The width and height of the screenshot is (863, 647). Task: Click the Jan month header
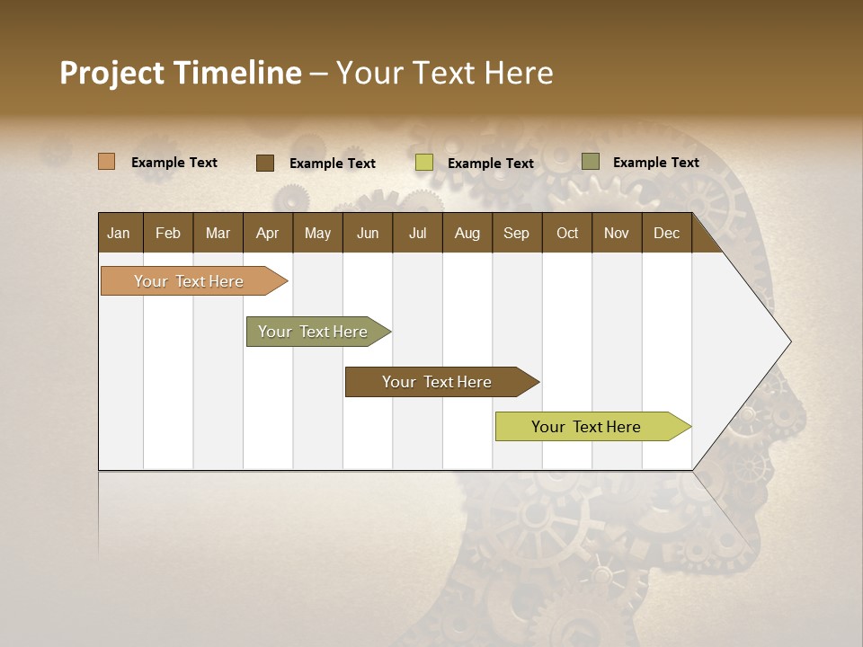(x=119, y=233)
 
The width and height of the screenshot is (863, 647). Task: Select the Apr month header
(x=267, y=233)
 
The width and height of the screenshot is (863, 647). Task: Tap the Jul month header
(x=417, y=233)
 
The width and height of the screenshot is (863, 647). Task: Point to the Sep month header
(x=516, y=233)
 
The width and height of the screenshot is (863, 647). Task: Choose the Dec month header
(x=666, y=233)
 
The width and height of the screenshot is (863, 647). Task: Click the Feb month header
(x=168, y=233)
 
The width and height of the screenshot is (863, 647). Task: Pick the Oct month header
(x=567, y=233)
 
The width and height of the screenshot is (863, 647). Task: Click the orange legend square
(x=106, y=162)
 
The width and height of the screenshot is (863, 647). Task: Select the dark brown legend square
(x=264, y=163)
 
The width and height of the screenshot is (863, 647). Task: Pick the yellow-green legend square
(x=424, y=163)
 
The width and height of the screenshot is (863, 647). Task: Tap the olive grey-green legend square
(x=590, y=162)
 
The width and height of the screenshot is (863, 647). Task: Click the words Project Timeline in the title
(x=181, y=73)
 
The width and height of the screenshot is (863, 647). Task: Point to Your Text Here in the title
(x=444, y=73)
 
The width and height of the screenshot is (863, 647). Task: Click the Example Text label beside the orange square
(x=174, y=163)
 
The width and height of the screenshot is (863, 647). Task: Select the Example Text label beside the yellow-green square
(x=491, y=164)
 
